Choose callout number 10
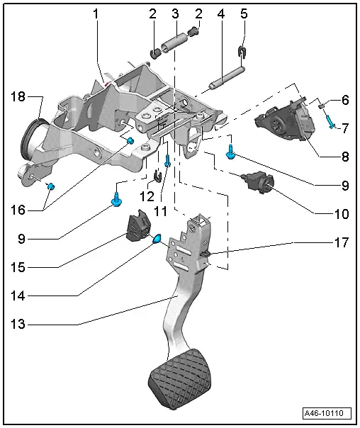[342, 213]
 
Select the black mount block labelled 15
[137, 226]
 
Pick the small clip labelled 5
[242, 51]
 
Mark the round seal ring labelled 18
[30, 141]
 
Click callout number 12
[146, 195]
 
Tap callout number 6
[345, 101]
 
